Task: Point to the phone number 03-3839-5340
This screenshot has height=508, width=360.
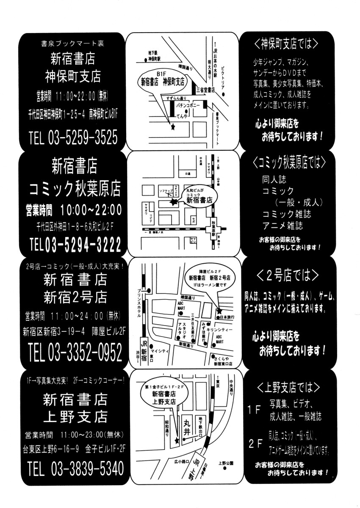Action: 87,469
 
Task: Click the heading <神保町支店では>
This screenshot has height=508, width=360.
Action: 287,44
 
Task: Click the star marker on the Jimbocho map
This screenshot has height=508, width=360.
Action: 172,127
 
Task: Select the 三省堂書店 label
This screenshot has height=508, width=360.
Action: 206,90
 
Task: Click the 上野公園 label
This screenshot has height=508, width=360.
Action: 226,463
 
